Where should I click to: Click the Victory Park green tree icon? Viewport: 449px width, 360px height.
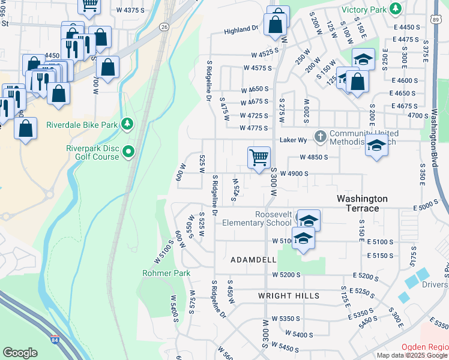(396, 9)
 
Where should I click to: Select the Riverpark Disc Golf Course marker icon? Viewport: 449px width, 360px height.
(128, 153)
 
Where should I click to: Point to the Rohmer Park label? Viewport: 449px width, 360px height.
(166, 273)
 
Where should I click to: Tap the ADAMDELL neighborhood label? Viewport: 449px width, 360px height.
(253, 260)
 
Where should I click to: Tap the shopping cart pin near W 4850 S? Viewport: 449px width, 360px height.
(259, 158)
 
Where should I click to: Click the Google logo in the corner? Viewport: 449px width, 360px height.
(20, 353)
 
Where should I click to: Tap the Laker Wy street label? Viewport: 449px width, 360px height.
(294, 140)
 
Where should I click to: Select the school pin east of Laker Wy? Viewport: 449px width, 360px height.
(376, 146)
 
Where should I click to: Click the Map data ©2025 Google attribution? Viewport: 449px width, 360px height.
(412, 355)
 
